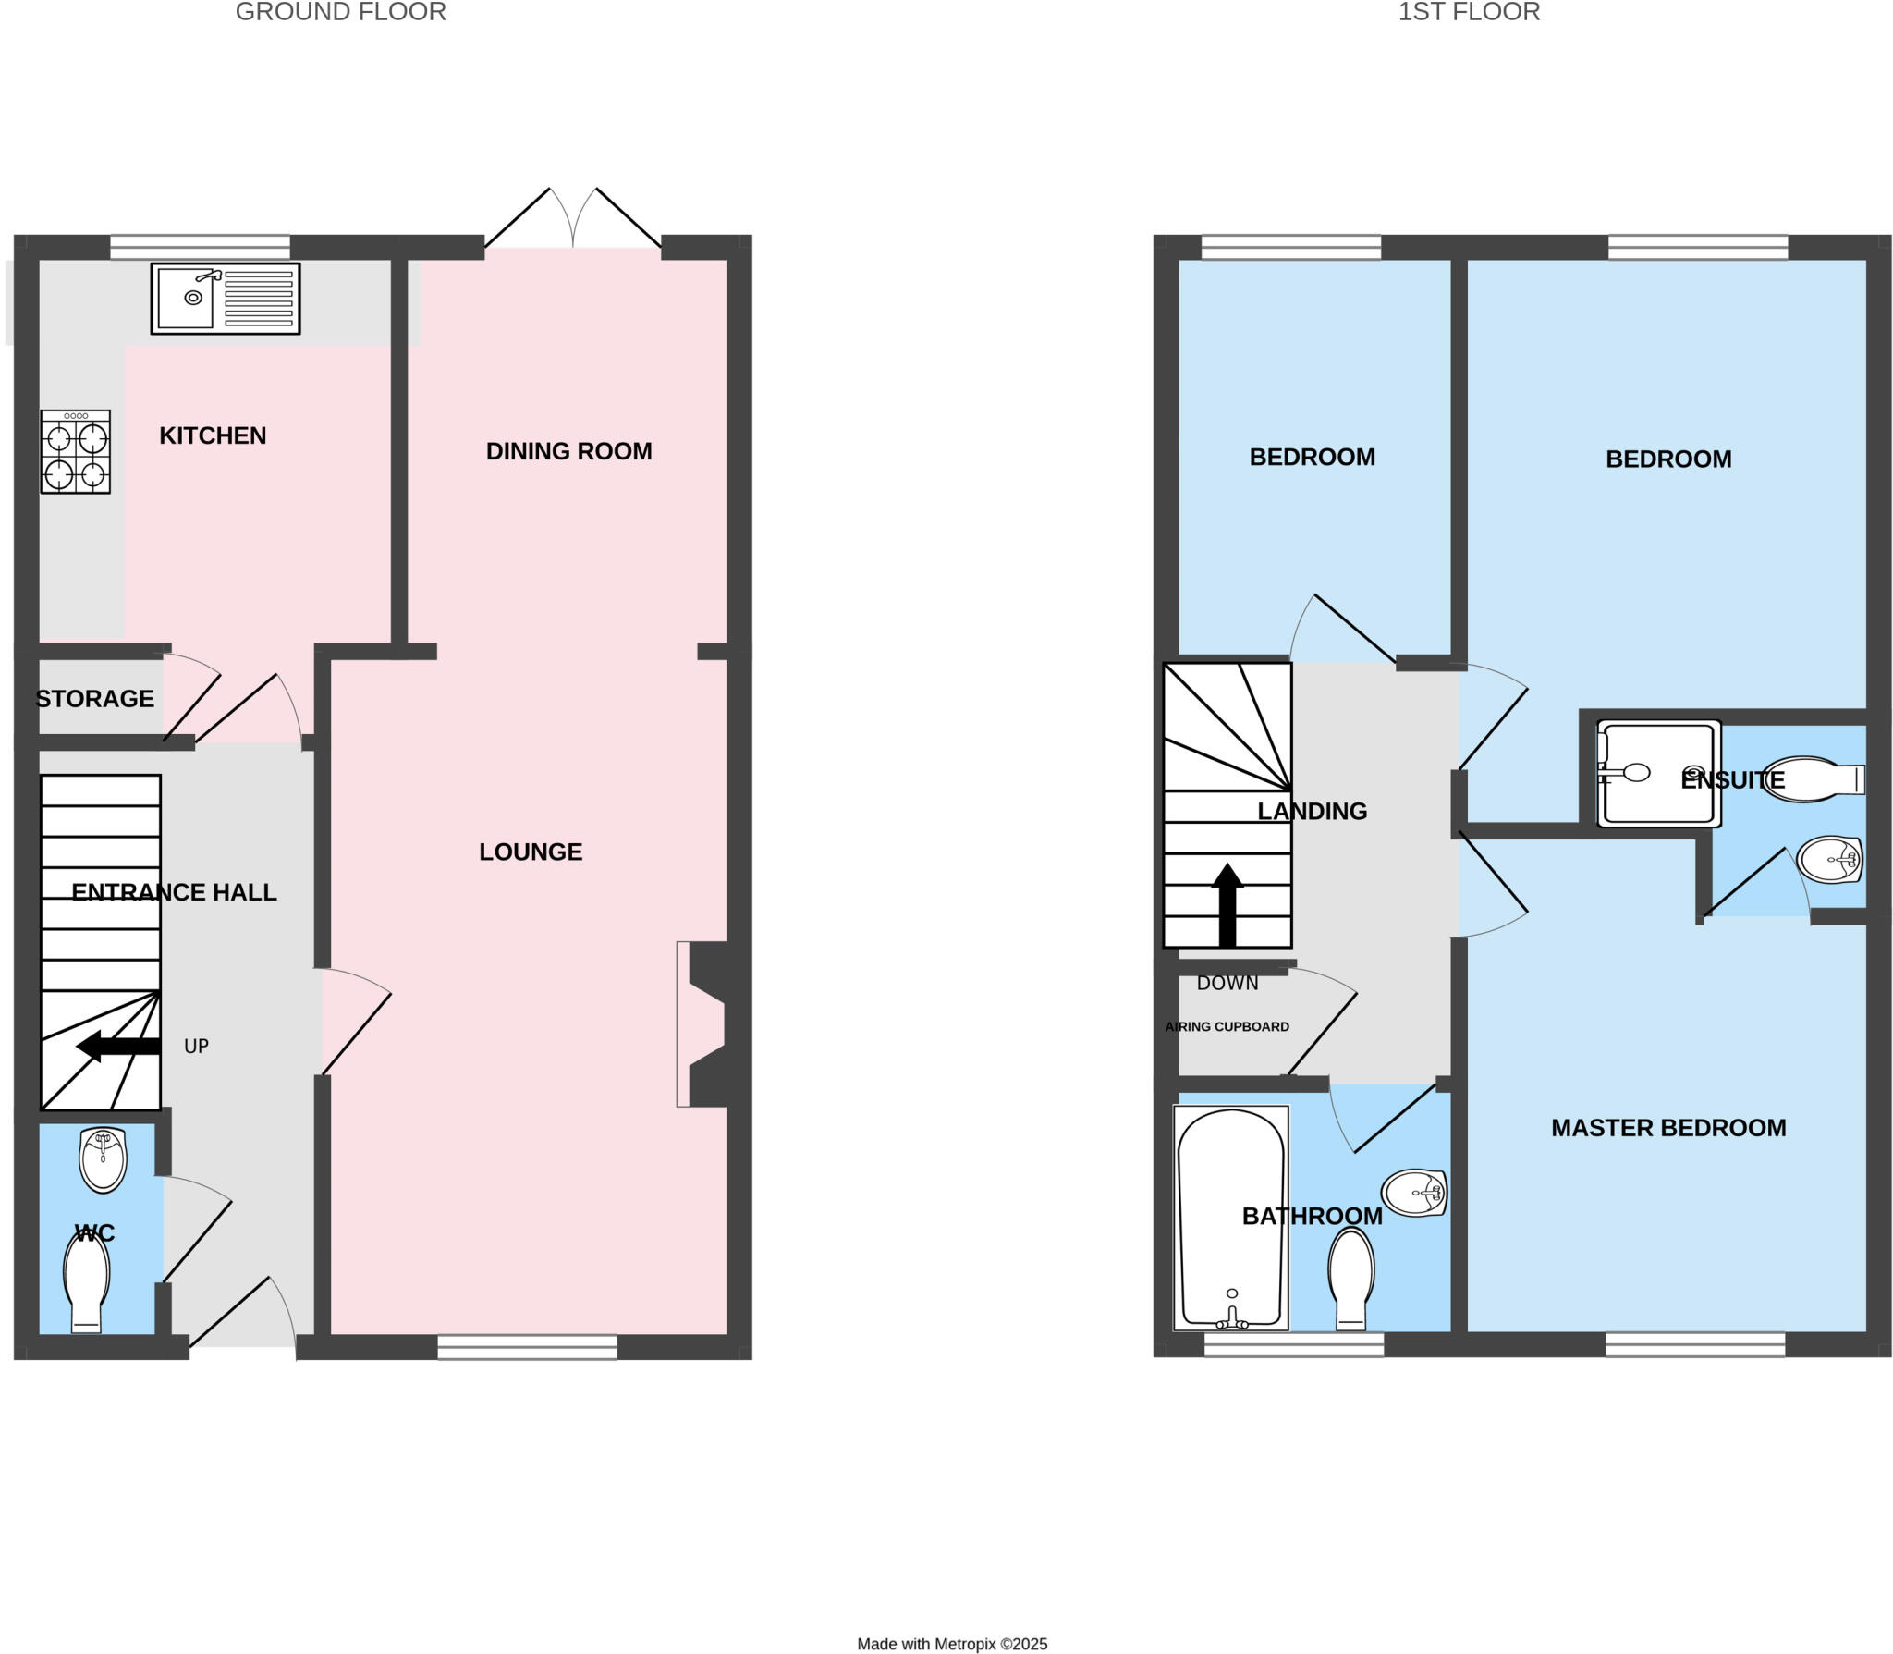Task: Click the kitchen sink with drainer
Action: tap(225, 298)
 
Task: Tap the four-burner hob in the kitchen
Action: tap(75, 451)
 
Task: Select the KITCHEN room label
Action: tap(213, 435)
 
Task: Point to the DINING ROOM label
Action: tap(568, 451)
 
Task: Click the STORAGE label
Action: tap(94, 699)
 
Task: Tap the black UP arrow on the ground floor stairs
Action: tap(118, 1047)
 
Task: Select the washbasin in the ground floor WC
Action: tap(102, 1158)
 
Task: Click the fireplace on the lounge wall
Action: tap(706, 1023)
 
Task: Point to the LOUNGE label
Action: tap(531, 852)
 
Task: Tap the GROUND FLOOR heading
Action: tap(340, 12)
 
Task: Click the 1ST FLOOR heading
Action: tap(1468, 12)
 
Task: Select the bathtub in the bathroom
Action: tap(1230, 1218)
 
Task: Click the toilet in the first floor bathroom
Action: tap(1350, 1279)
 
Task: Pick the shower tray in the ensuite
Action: tap(1658, 774)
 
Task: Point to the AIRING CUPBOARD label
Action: tap(1227, 1026)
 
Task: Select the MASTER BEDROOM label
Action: tap(1667, 1128)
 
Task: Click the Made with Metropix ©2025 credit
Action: tap(952, 1644)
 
